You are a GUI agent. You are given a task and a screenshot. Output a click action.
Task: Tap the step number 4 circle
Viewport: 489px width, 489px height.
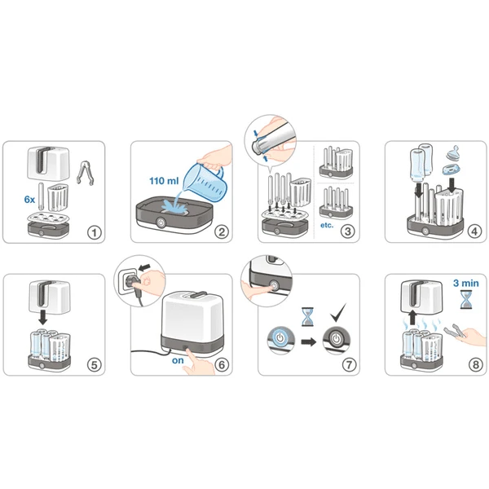tap(475, 232)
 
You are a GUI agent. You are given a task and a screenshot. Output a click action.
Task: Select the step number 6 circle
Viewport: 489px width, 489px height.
tap(221, 364)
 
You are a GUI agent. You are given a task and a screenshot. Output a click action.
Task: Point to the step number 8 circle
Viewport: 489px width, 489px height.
tap(475, 364)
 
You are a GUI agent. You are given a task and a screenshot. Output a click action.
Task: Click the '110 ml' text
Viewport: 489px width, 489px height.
tap(163, 179)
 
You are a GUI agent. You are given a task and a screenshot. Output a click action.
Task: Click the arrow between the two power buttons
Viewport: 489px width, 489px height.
tap(309, 341)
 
